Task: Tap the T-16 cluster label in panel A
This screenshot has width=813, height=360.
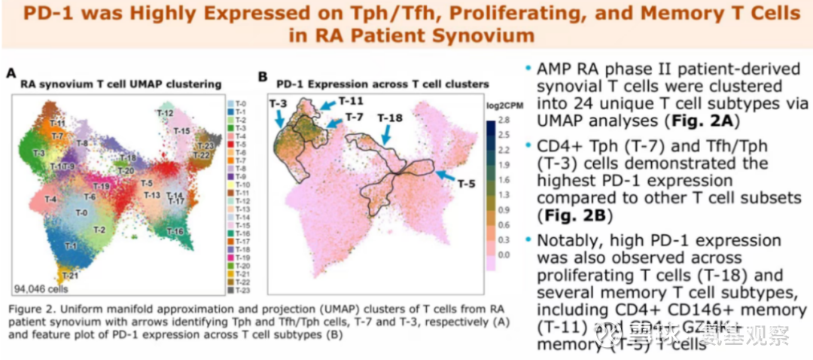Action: coord(174,230)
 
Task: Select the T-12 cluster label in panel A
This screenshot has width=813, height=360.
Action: coord(166,113)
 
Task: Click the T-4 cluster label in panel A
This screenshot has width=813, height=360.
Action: coord(50,199)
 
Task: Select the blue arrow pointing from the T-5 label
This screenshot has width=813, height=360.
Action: coord(447,175)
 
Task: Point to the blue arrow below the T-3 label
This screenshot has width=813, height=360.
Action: coord(280,118)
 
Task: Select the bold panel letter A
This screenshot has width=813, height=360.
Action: coord(11,73)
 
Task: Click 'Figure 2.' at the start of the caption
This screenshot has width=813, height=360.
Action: coord(32,310)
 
